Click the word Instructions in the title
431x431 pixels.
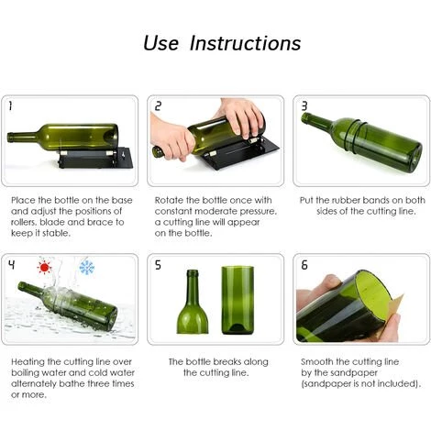tap(245, 43)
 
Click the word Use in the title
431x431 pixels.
tap(160, 43)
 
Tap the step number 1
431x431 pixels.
tap(11, 106)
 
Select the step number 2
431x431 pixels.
tap(158, 106)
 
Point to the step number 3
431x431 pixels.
tap(304, 106)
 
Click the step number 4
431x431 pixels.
tap(11, 264)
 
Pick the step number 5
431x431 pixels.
tap(158, 265)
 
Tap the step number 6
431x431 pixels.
tap(304, 265)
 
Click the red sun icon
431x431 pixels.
tap(44, 268)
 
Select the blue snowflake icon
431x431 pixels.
tap(87, 268)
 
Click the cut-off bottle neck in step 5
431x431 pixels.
tap(193, 302)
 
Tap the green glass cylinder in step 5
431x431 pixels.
tap(238, 300)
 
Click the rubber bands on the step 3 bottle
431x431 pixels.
tap(354, 135)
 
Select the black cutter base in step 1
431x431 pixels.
tap(95, 158)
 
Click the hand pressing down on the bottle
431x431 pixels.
tap(241, 115)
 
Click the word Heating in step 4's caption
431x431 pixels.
tap(28, 362)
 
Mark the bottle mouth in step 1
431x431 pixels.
tap(10, 138)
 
